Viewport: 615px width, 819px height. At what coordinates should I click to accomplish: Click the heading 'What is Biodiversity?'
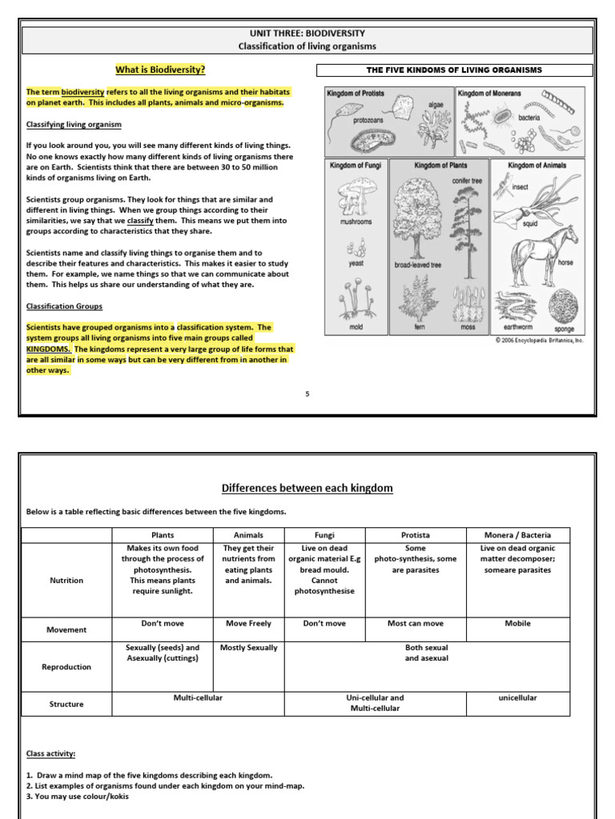[x=160, y=70]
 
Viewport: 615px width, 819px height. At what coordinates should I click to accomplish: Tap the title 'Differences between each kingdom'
[x=307, y=488]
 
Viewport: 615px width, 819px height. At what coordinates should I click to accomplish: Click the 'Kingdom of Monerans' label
[x=488, y=94]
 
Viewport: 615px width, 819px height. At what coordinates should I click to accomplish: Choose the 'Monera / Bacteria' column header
[x=517, y=535]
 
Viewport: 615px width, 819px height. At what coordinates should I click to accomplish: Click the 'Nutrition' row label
[x=66, y=581]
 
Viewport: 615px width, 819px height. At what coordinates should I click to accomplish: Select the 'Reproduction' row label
[x=66, y=667]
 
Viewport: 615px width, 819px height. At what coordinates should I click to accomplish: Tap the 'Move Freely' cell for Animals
[x=248, y=624]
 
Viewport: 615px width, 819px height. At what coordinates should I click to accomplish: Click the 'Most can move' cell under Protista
[x=415, y=624]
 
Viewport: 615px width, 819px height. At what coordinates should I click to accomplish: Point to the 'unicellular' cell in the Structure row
[x=517, y=698]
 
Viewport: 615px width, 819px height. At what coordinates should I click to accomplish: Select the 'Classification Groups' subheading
[x=64, y=306]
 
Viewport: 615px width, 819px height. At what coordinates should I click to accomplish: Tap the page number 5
[x=307, y=394]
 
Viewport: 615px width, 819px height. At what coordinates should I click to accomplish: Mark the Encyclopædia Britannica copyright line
[x=540, y=340]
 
